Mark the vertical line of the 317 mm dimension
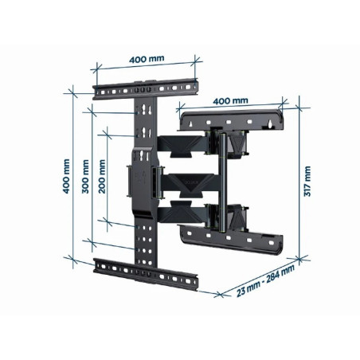tap(295, 182)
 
